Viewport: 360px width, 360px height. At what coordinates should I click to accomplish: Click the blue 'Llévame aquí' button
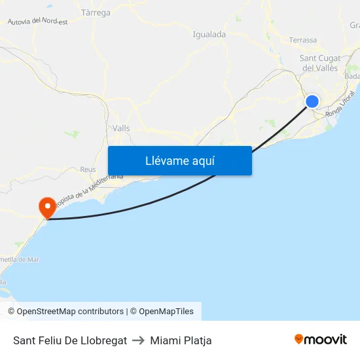(179, 160)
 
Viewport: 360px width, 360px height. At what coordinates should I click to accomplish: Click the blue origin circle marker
(312, 101)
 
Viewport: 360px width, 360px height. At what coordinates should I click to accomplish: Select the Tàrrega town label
(95, 12)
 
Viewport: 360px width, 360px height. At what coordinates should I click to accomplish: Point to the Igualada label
(209, 35)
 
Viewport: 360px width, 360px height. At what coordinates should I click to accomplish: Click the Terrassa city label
(302, 40)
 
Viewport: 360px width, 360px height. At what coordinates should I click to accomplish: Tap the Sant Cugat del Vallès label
(319, 63)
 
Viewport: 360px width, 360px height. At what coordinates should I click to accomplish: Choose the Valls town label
(121, 128)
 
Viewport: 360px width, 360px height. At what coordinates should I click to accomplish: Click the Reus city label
(88, 169)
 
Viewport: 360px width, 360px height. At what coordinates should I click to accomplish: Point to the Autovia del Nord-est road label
(38, 22)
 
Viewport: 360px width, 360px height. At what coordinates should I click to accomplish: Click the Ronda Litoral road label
(340, 104)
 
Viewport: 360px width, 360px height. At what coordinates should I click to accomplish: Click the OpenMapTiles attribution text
(166, 312)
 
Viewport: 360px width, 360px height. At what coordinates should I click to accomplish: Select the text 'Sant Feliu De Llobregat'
(70, 340)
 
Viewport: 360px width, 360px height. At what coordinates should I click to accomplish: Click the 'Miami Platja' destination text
(181, 340)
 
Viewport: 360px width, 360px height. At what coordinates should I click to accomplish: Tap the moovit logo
(320, 340)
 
